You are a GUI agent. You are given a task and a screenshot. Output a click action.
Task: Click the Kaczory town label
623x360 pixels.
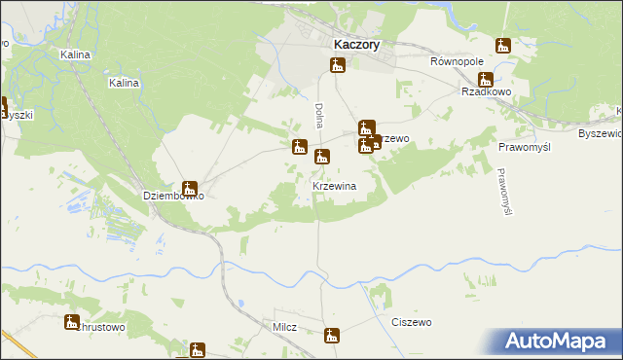tap(356, 44)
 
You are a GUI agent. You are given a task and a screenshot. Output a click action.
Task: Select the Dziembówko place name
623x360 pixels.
tap(173, 195)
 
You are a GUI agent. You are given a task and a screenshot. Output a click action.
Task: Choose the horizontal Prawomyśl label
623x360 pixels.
tap(525, 147)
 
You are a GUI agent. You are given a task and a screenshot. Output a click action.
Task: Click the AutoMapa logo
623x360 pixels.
tap(560, 342)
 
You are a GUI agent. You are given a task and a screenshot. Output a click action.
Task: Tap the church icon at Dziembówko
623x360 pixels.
tap(190, 189)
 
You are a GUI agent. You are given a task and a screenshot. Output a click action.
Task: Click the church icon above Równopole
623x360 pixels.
tap(503, 45)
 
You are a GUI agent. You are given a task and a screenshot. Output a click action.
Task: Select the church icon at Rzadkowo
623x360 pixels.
tap(485, 79)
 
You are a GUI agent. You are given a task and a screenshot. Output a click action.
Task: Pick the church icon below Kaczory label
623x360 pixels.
tap(337, 65)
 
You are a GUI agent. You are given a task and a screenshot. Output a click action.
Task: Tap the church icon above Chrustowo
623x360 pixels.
tap(72, 322)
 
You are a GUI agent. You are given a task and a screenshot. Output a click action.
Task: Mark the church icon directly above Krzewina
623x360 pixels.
tap(322, 156)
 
